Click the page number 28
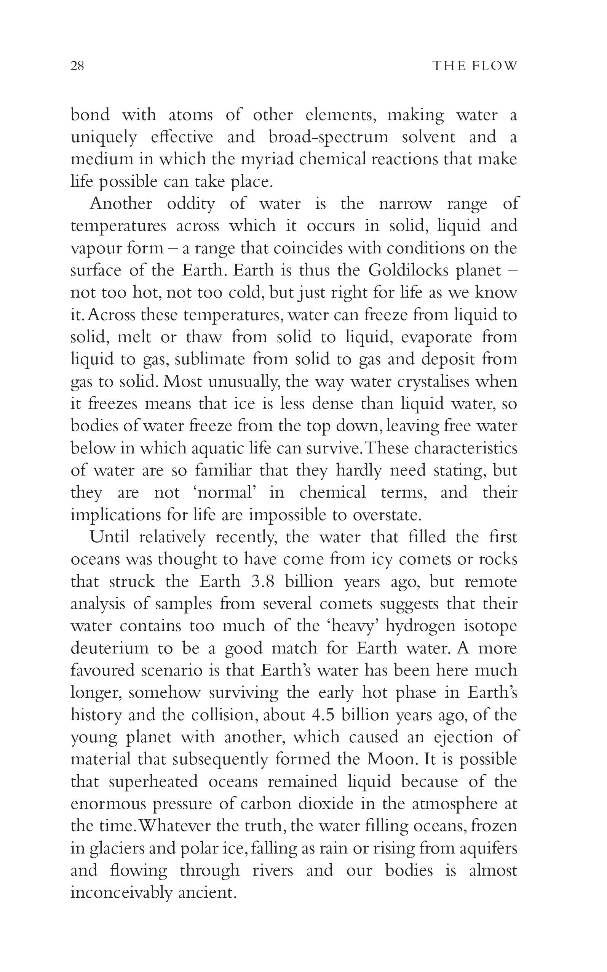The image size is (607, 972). point(77,66)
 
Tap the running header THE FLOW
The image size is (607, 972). point(475,66)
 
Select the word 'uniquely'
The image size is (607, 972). point(104,138)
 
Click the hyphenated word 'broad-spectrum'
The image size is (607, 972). point(328,138)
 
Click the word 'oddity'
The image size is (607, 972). point(191,203)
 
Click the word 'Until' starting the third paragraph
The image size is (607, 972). point(109,537)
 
